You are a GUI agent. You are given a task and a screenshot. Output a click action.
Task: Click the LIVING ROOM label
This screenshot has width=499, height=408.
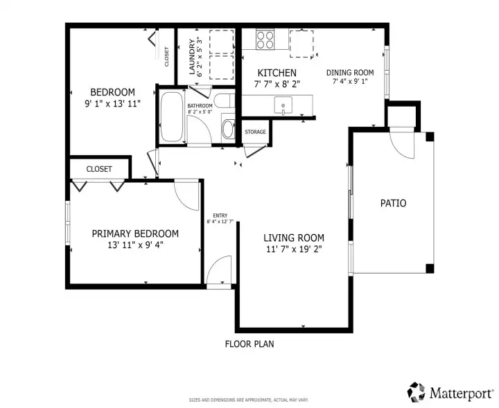pos(293,238)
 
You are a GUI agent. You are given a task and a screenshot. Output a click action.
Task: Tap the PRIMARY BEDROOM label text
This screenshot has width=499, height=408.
pos(135,233)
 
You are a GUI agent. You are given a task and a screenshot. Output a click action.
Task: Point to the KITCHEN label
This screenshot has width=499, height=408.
pos(277,73)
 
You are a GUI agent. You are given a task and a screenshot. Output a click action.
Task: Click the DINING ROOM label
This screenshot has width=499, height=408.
pos(350,72)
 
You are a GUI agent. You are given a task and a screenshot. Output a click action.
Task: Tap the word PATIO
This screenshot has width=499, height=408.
pos(393,203)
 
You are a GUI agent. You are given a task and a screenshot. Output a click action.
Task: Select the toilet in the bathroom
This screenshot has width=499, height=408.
pos(228,127)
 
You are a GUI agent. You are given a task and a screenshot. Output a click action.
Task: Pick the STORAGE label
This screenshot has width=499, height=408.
pos(254,132)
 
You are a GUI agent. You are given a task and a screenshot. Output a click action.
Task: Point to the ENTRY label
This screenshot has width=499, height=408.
pos(220,215)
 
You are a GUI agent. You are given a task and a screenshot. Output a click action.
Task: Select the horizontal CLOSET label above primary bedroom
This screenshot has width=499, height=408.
pos(99,168)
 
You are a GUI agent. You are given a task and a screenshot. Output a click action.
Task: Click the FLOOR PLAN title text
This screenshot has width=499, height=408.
pos(249,344)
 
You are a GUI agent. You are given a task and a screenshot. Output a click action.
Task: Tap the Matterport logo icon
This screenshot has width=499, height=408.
pos(416,392)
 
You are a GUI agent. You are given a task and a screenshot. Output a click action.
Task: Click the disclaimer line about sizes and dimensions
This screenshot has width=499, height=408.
pos(249,400)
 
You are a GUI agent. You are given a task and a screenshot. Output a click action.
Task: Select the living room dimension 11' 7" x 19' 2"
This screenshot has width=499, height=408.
pos(293,249)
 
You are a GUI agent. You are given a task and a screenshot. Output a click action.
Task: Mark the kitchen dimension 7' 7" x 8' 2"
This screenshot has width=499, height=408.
pos(277,84)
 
